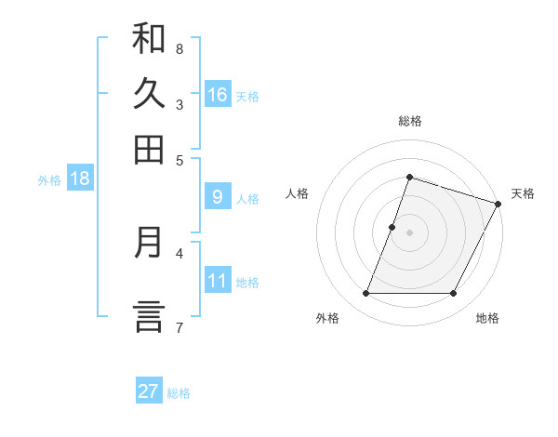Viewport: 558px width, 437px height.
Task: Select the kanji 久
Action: [x=149, y=94]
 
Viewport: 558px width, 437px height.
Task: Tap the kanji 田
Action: [x=149, y=150]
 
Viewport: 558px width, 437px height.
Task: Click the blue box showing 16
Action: [x=218, y=95]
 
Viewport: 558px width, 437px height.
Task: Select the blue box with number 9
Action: [x=218, y=197]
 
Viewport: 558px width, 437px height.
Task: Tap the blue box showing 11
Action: [x=218, y=281]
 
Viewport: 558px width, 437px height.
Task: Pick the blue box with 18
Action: [x=79, y=179]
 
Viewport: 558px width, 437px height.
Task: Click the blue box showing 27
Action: [x=149, y=391]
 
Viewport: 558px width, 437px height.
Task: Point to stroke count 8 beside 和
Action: [x=179, y=48]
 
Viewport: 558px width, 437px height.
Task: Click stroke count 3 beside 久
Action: [x=179, y=104]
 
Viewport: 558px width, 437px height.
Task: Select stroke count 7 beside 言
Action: [x=179, y=326]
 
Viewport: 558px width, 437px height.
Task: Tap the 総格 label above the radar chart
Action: [x=409, y=121]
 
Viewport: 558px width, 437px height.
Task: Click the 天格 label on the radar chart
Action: [x=523, y=193]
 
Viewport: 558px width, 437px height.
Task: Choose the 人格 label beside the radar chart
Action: [x=297, y=193]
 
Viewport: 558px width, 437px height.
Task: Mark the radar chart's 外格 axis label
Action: [x=327, y=319]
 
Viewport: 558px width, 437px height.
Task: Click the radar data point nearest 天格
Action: [x=498, y=204]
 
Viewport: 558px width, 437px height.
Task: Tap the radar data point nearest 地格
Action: [x=454, y=294]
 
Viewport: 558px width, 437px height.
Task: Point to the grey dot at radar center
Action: [x=409, y=232]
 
